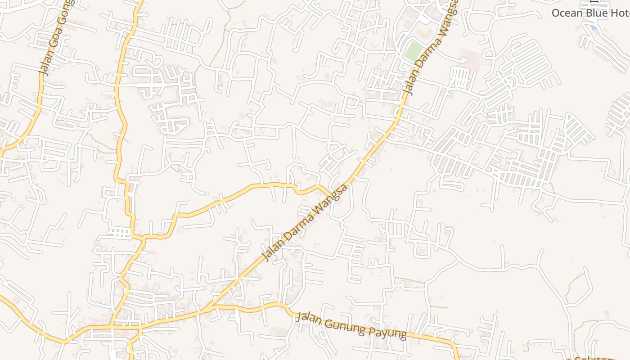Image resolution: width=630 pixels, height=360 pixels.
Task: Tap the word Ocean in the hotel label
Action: (x=567, y=13)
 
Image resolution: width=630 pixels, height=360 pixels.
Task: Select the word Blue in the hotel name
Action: (x=598, y=13)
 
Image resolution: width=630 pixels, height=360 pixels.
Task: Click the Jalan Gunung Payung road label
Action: (x=351, y=325)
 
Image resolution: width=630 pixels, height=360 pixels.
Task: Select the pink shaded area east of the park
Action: (x=469, y=59)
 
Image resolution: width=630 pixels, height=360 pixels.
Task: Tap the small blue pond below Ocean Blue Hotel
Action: (x=594, y=28)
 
